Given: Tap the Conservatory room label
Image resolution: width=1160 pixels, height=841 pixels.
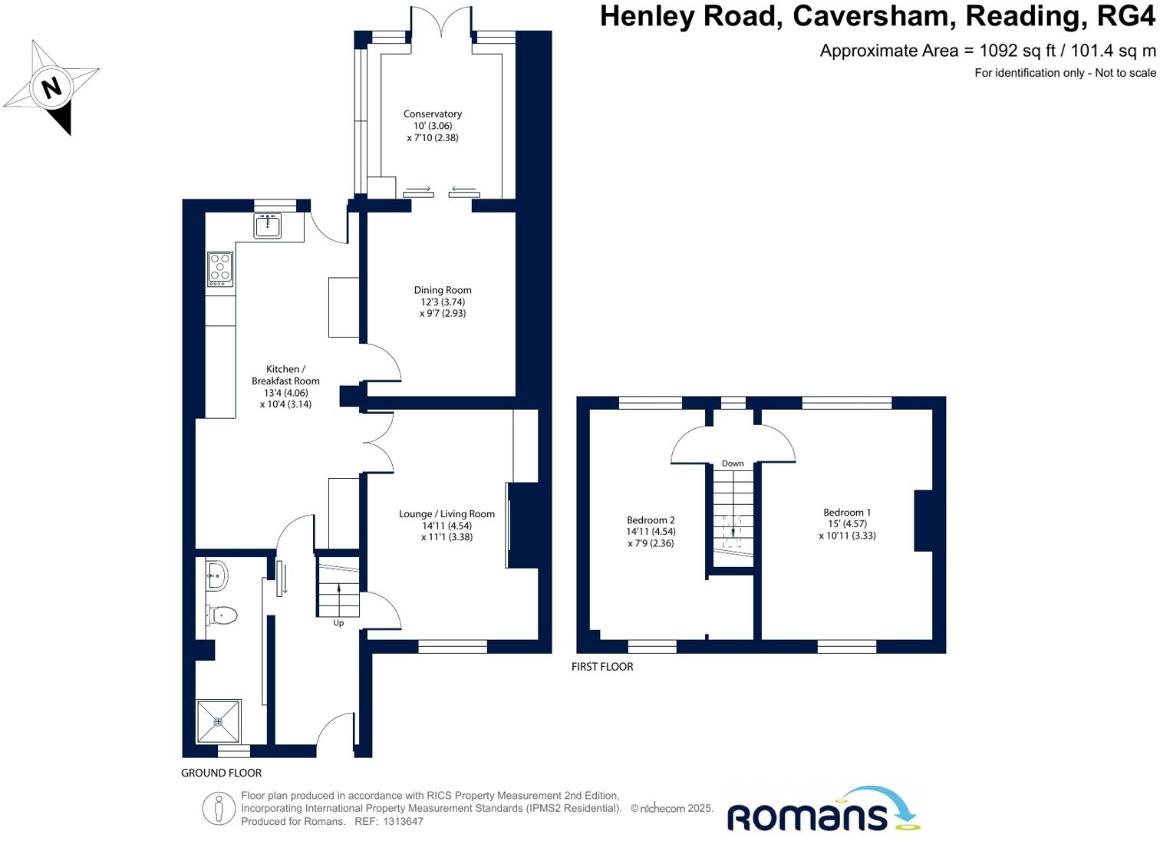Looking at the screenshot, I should [x=433, y=114].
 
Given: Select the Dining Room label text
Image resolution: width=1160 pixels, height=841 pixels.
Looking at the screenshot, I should [x=443, y=290].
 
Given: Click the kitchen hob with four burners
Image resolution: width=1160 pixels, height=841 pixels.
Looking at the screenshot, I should [x=220, y=269].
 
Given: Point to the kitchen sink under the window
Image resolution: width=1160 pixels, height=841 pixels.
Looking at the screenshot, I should [x=268, y=225].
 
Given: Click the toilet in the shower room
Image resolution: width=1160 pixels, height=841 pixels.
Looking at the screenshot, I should [x=222, y=615].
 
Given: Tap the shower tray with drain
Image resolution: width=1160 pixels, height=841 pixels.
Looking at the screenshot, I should [x=218, y=721].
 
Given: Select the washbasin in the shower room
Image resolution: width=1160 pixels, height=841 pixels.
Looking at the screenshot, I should [x=217, y=575].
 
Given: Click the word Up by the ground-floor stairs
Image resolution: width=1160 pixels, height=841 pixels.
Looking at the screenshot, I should [x=338, y=623].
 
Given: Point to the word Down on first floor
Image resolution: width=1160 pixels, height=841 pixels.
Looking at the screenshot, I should [x=733, y=463].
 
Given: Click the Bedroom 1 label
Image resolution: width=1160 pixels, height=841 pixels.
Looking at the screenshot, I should [x=847, y=513].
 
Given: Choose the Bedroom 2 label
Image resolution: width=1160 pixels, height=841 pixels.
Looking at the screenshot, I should [x=651, y=520].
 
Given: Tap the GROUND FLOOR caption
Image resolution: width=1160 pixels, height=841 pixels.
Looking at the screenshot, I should [x=221, y=773].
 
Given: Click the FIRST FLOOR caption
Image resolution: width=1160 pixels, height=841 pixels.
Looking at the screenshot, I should [x=602, y=667].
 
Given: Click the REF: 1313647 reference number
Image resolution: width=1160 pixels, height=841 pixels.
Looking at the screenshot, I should [x=388, y=821].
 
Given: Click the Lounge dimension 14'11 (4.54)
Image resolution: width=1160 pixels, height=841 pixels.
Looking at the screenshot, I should [x=447, y=526].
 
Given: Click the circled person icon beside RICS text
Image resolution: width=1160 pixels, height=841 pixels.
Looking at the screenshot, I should [x=219, y=809].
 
